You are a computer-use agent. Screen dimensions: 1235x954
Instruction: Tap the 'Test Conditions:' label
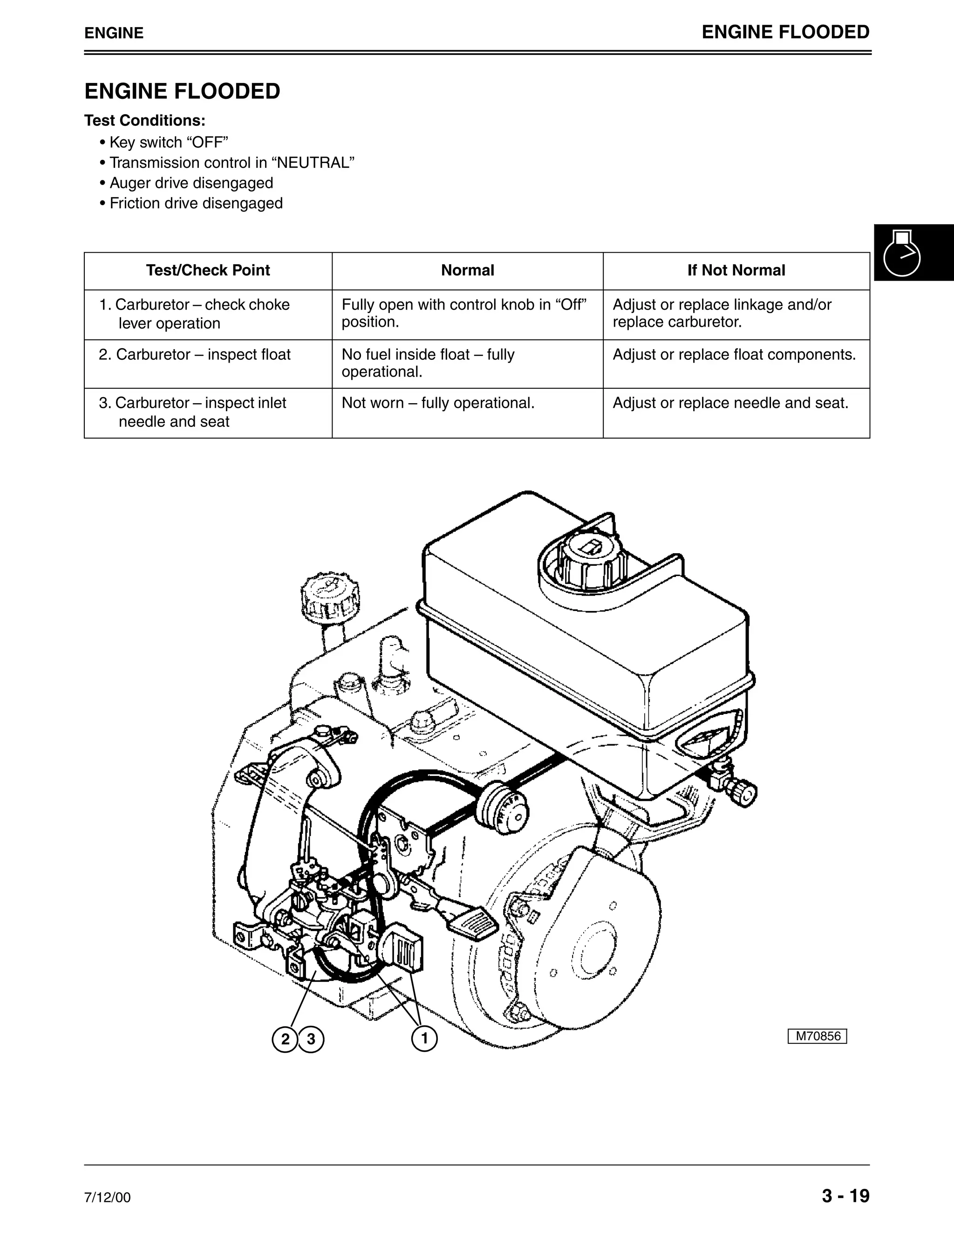click(x=145, y=120)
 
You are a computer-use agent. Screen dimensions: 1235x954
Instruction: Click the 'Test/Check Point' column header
click(x=208, y=270)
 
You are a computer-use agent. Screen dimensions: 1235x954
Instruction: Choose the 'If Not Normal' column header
click(x=736, y=270)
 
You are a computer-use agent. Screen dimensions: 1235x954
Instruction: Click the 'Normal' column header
click(x=467, y=270)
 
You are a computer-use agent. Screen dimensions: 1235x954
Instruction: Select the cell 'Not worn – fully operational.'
click(x=438, y=403)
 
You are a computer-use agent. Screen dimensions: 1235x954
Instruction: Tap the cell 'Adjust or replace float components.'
click(x=734, y=355)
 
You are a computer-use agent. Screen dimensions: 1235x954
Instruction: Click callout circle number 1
click(x=424, y=1038)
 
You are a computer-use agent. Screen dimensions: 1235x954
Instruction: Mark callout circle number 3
click(x=311, y=1039)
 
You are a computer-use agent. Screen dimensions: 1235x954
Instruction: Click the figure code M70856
click(x=817, y=1036)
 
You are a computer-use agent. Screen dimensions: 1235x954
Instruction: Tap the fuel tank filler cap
click(x=591, y=560)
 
